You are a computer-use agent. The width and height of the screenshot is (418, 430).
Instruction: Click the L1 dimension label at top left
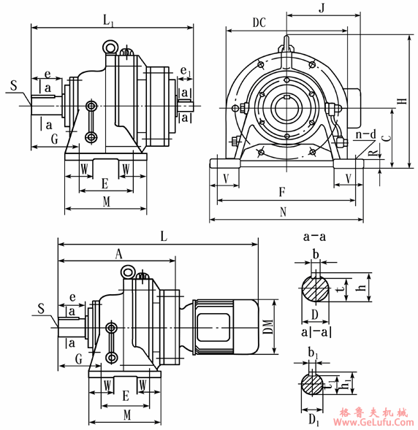(x=108, y=21)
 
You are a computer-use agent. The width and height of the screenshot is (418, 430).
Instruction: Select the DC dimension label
(x=259, y=23)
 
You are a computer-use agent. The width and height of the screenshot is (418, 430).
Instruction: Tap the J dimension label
(x=322, y=8)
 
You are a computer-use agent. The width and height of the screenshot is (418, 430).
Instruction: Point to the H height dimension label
(x=403, y=101)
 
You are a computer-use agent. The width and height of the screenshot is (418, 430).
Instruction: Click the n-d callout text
(x=366, y=134)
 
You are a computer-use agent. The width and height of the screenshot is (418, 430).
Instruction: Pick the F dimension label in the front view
(x=282, y=192)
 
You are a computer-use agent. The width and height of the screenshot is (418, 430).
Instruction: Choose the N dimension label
(x=283, y=212)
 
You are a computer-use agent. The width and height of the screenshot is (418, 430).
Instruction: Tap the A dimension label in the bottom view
(x=118, y=254)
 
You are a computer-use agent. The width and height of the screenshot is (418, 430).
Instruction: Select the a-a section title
(x=314, y=237)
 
